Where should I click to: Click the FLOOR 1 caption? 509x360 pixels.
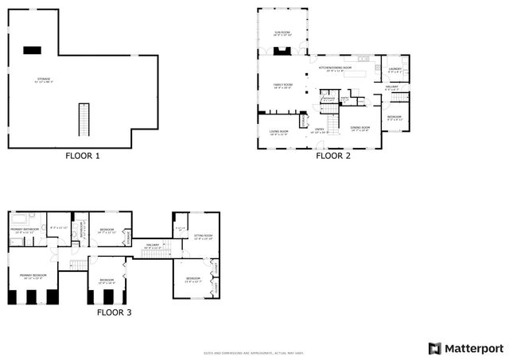(82, 156)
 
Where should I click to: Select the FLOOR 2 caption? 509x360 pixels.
(332, 156)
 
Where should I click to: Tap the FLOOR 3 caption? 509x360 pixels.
(114, 312)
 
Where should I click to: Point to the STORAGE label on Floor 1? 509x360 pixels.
(43, 80)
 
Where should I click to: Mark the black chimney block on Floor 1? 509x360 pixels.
(32, 50)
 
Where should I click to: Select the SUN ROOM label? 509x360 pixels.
(282, 33)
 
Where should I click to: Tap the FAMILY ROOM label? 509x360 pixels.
(283, 84)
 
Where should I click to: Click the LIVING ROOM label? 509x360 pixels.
(278, 133)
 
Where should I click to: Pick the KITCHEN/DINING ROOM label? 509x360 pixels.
(336, 68)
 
